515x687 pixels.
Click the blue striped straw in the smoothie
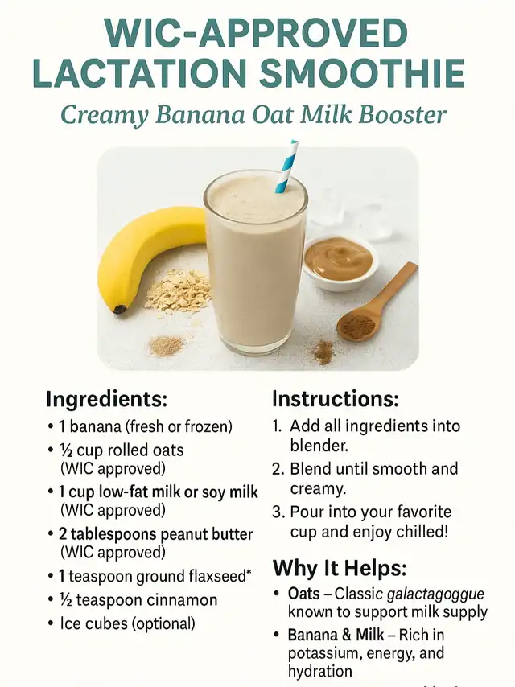(287, 167)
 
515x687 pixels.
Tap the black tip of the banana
(120, 310)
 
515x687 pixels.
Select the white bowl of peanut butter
(340, 263)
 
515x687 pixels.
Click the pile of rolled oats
(178, 292)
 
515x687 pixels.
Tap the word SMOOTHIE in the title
(361, 72)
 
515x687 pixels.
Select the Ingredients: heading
(106, 399)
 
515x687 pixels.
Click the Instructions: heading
(336, 398)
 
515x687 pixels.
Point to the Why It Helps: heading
(340, 568)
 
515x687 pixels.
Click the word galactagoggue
(435, 594)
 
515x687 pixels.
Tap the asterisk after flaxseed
(249, 572)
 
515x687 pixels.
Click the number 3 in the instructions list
(276, 512)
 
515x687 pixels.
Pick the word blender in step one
(318, 446)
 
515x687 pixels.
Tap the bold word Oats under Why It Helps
(303, 594)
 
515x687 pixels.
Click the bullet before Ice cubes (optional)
(51, 623)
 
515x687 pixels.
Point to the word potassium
(323, 653)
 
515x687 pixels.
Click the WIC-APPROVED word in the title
(257, 33)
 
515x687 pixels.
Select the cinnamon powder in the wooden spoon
(358, 327)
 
